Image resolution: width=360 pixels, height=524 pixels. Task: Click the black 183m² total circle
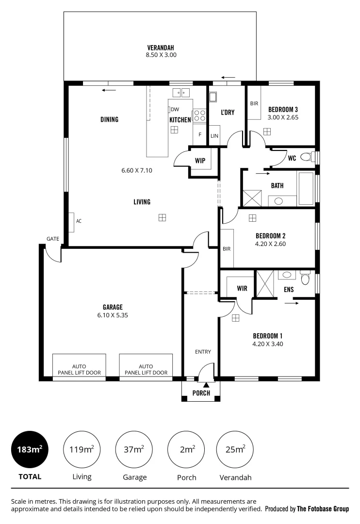tap(30, 449)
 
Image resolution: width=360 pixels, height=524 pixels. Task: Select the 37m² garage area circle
tap(134, 449)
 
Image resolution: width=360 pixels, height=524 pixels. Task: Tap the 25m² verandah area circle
tap(235, 449)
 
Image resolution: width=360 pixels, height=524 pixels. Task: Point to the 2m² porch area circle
tap(186, 449)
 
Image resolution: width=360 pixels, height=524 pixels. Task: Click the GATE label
tap(53, 239)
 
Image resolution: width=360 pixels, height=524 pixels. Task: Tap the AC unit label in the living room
tap(79, 221)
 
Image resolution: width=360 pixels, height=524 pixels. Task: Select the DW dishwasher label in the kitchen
tap(175, 109)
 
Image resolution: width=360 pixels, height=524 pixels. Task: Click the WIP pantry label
tap(200, 160)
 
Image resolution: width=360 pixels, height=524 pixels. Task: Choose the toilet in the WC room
tap(306, 157)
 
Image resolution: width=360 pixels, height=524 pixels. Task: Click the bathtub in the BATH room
tap(306, 188)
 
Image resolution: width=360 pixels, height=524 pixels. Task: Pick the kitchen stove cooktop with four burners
tap(200, 115)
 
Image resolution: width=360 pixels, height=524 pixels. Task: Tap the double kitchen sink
tap(182, 92)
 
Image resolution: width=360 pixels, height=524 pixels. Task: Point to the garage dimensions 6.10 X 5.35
tap(113, 315)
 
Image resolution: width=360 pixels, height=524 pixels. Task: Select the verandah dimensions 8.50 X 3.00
tap(161, 55)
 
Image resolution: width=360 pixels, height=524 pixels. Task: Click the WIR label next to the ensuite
tap(242, 289)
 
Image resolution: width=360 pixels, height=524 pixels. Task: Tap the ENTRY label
tap(203, 352)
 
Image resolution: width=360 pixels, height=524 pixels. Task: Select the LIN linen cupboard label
tap(214, 136)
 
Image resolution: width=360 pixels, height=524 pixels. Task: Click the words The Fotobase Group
tap(323, 509)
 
